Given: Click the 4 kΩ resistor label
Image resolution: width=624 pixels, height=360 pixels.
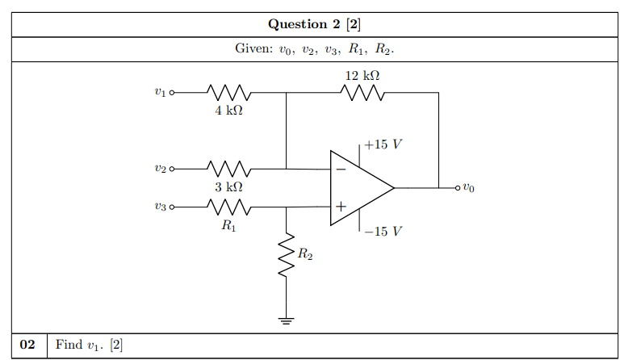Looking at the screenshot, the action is click(x=228, y=111).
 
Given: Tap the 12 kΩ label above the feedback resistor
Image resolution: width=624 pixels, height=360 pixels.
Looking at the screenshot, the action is click(x=362, y=75).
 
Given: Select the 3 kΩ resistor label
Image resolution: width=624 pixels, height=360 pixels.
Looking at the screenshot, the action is click(x=228, y=186).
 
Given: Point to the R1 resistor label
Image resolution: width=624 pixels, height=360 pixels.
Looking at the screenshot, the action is click(x=228, y=225).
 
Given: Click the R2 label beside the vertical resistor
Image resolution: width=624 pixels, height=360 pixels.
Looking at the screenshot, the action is click(x=305, y=253).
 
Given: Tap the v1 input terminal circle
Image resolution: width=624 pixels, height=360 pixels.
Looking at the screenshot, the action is click(x=172, y=93).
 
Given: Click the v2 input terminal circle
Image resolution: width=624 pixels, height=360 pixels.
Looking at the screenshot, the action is click(x=172, y=169).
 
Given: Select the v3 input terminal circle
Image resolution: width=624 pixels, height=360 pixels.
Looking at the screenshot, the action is click(x=172, y=207).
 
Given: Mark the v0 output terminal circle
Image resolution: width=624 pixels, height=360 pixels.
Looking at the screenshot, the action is click(x=458, y=188).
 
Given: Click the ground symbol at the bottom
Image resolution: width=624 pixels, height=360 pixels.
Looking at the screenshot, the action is click(x=286, y=321).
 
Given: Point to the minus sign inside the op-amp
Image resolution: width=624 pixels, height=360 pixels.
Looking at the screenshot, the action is click(x=341, y=170).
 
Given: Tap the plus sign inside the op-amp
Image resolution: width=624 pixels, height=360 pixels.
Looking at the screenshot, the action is click(x=341, y=207).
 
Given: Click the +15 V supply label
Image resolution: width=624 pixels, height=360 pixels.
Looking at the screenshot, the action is click(x=383, y=144).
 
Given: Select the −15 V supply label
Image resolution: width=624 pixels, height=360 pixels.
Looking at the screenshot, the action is click(x=383, y=231).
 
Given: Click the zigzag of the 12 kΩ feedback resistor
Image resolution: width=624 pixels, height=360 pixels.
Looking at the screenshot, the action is click(x=362, y=93).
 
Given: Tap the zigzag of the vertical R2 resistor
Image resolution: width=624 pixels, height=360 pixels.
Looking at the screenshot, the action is click(x=286, y=254).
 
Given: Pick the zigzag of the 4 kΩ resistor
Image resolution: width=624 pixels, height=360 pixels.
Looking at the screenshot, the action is click(x=228, y=93).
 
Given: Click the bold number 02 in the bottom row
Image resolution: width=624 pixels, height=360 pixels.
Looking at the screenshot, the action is click(x=27, y=345).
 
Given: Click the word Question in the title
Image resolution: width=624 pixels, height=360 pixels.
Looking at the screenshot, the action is click(x=298, y=24).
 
